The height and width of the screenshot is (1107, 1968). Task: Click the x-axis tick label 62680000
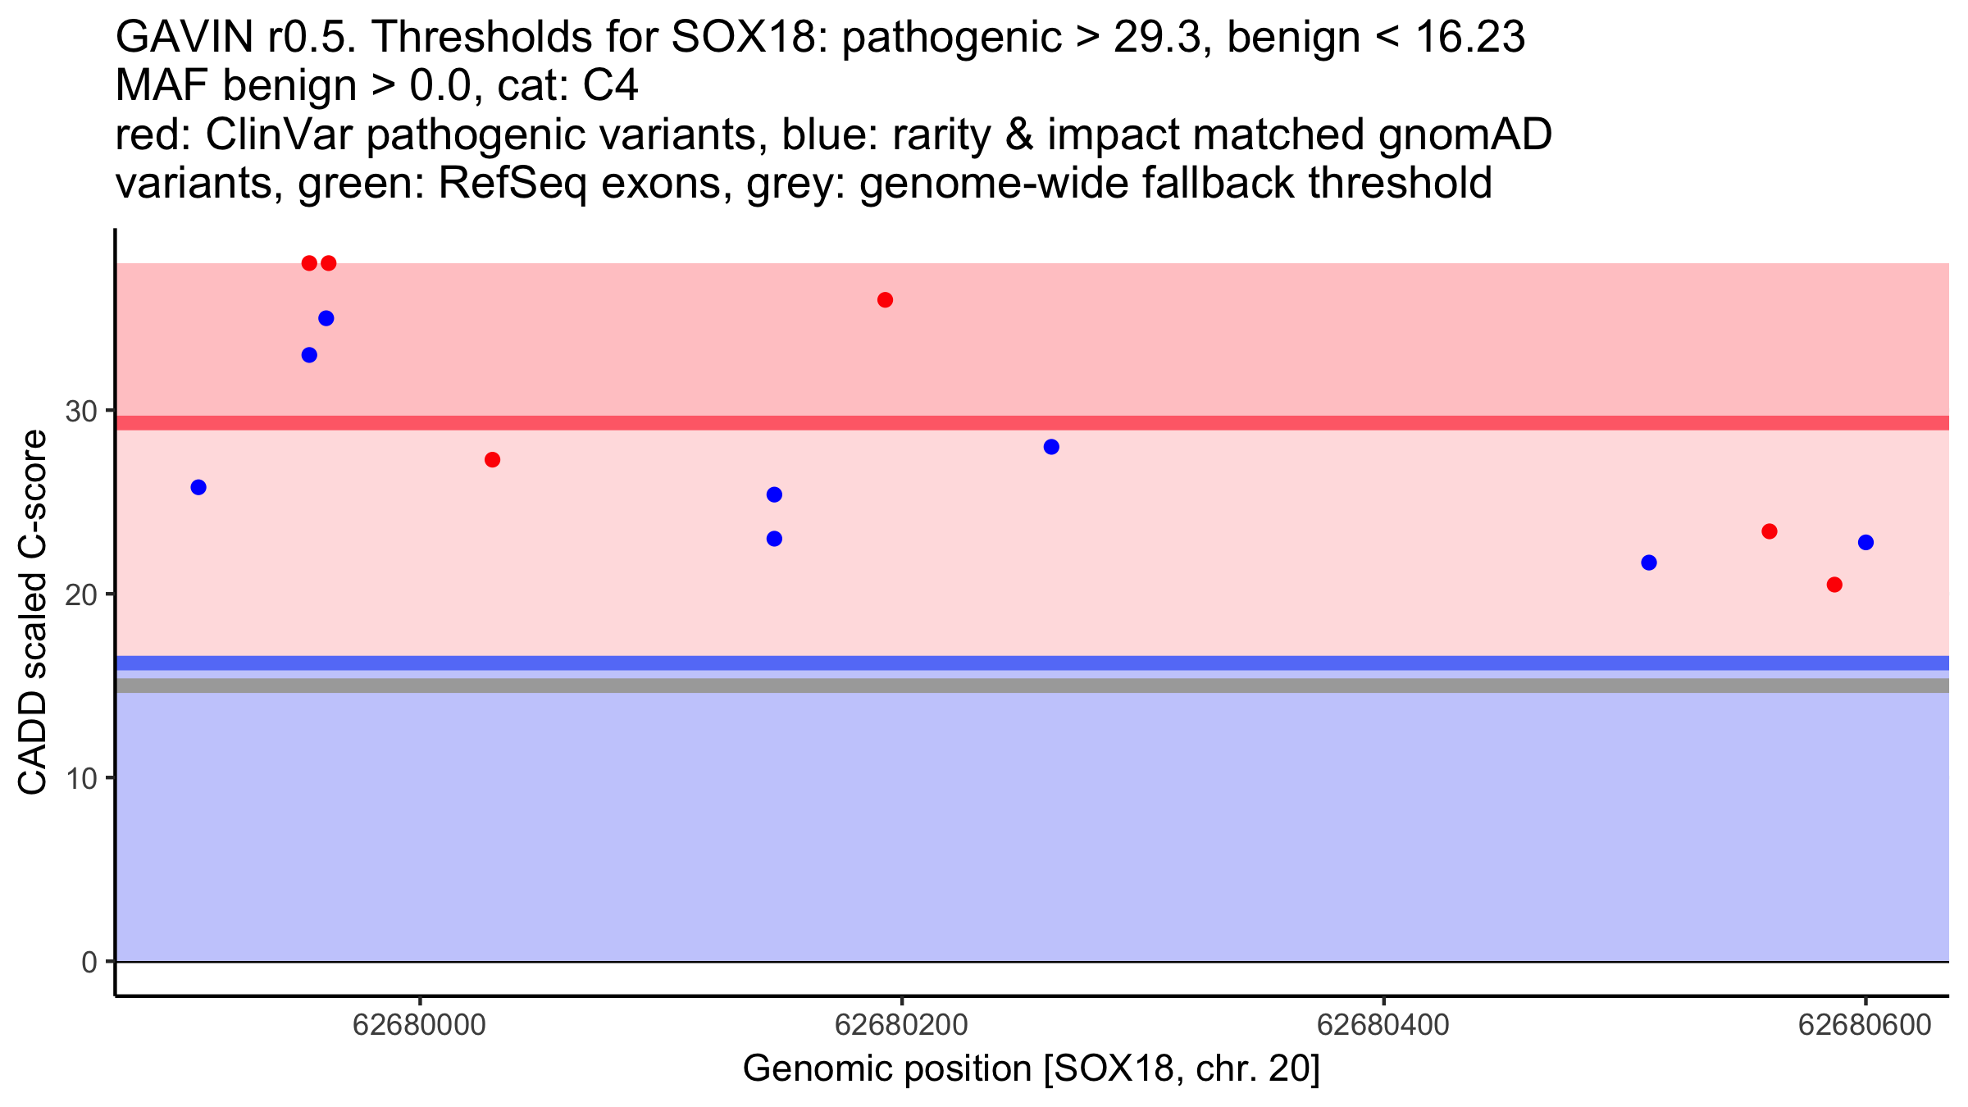pos(419,1025)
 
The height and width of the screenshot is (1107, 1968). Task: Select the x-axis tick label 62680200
pos(901,1025)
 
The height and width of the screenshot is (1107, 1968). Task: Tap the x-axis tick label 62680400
pos(1383,1025)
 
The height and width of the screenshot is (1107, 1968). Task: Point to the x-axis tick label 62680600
pos(1865,1025)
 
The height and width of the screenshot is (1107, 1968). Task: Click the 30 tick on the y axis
pos(81,412)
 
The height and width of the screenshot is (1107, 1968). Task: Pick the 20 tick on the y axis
pos(81,595)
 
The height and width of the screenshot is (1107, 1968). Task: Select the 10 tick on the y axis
pos(81,778)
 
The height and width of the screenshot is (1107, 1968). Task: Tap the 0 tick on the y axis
pos(89,962)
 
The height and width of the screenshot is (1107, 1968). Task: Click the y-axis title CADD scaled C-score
pos(33,613)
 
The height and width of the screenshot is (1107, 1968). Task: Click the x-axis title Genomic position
pos(1031,1069)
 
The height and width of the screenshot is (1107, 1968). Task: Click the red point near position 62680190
pos(885,300)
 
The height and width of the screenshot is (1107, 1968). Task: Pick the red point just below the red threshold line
pos(492,460)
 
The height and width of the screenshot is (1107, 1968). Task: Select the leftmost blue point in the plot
pos(198,487)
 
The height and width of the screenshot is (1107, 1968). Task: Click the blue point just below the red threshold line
pos(1051,447)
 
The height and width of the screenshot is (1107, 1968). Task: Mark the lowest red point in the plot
pos(1834,585)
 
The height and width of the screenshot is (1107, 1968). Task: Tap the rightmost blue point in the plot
pos(1865,543)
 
